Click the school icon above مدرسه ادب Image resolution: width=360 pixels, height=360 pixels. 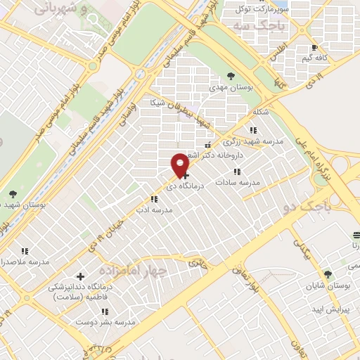click(x=154, y=200)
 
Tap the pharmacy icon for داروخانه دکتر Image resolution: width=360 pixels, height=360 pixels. click(x=207, y=145)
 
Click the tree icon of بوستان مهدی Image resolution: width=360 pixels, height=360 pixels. click(x=231, y=77)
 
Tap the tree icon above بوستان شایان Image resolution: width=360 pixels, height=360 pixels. click(x=327, y=274)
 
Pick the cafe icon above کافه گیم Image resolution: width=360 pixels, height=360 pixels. click(x=314, y=49)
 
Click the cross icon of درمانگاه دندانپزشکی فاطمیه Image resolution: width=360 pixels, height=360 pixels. click(x=79, y=276)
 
